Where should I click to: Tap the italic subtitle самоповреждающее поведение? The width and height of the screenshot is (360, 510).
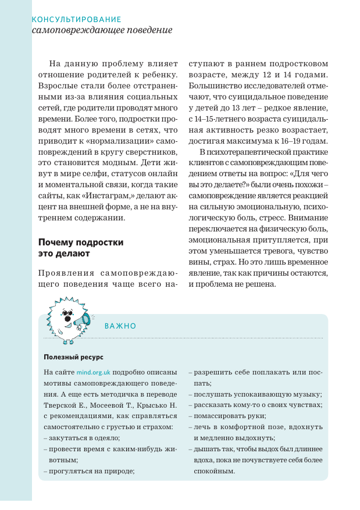pos(102,30)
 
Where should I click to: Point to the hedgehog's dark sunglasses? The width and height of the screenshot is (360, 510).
pos(68,318)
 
